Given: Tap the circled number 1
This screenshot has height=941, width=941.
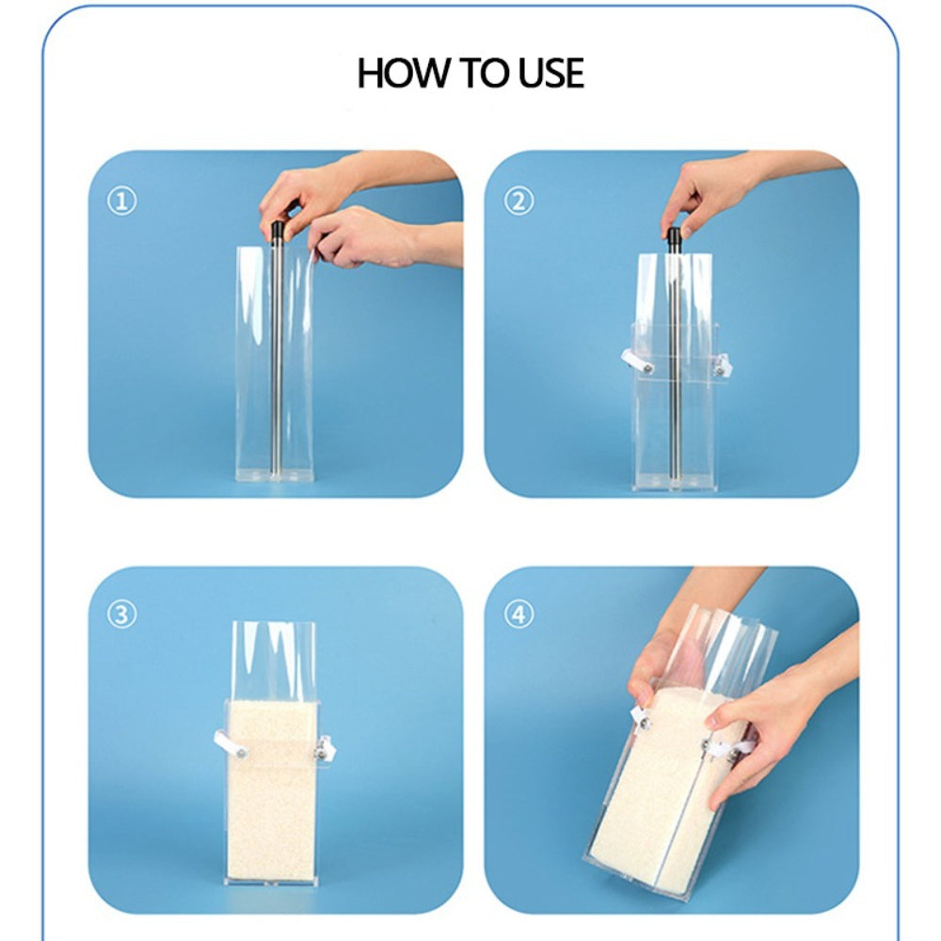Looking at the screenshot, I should click(x=121, y=200).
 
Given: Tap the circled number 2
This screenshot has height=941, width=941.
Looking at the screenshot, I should click(x=518, y=200).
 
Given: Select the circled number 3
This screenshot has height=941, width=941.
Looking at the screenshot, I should click(x=121, y=615).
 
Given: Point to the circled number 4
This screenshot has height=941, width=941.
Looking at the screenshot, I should click(x=518, y=615).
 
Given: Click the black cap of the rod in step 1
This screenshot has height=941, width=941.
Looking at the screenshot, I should click(x=278, y=232).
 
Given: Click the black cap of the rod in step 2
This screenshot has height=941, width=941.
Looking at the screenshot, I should click(x=674, y=237).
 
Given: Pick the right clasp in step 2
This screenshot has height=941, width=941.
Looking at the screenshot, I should click(x=721, y=365).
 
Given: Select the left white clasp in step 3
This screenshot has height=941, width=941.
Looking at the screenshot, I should click(x=227, y=746).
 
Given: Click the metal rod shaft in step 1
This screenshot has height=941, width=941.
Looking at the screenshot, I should click(x=277, y=358).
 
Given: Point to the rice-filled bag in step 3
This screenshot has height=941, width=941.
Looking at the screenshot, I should click(x=274, y=790).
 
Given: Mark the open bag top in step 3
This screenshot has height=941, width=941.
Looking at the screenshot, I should click(x=274, y=654).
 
